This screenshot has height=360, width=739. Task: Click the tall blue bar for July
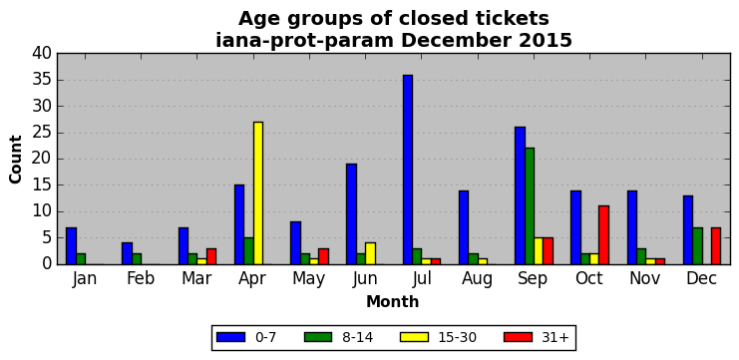[408, 170]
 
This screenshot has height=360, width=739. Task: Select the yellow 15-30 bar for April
[258, 193]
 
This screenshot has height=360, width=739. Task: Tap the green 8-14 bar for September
[530, 206]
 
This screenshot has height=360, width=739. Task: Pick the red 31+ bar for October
[603, 235]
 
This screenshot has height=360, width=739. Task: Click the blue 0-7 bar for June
[352, 214]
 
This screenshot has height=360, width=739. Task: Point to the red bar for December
[716, 246]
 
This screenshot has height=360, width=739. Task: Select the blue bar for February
[128, 253]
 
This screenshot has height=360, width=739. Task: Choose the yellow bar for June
[370, 253]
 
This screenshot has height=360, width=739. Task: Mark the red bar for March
[211, 256]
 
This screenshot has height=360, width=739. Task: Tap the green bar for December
[697, 246]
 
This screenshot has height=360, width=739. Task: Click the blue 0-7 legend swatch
[230, 337]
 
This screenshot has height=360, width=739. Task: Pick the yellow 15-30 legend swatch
[414, 337]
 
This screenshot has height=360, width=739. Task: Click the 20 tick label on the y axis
[42, 160]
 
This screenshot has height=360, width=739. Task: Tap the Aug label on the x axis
[477, 279]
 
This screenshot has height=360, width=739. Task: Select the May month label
[309, 279]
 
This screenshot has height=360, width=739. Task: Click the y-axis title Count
[16, 160]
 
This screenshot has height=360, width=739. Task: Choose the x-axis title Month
[393, 301]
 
